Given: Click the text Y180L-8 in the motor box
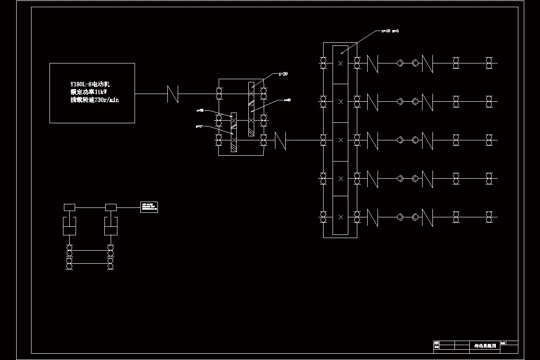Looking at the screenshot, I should click(81, 84).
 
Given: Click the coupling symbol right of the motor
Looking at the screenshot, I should click(173, 94).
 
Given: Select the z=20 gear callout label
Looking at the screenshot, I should click(283, 74).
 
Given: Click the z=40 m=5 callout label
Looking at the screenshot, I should click(390, 31).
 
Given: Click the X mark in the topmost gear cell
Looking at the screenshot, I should click(341, 63).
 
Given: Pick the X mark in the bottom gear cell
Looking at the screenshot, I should click(341, 217).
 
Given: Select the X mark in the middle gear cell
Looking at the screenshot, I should click(341, 140).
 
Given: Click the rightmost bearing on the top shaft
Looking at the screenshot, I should click(489, 63).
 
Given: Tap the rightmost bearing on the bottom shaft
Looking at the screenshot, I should click(489, 217).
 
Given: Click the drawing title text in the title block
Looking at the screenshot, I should click(485, 346).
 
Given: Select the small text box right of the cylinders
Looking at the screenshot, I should click(149, 207).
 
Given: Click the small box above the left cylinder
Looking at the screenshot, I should click(69, 207).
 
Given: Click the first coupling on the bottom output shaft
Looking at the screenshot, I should click(372, 217).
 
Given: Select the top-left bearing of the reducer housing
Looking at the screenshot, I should click(219, 94).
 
